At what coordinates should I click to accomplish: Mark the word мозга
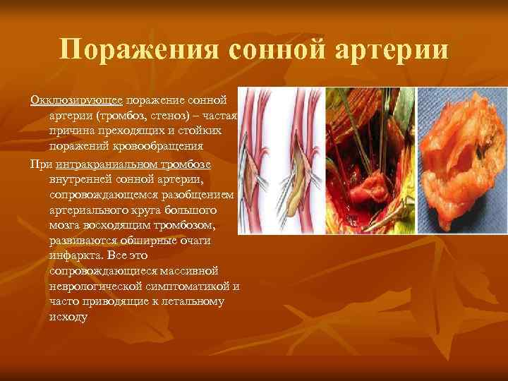click(64, 224)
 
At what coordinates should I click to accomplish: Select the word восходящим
click(119, 224)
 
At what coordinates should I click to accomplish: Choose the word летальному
click(191, 301)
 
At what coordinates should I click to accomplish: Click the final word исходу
click(68, 317)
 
